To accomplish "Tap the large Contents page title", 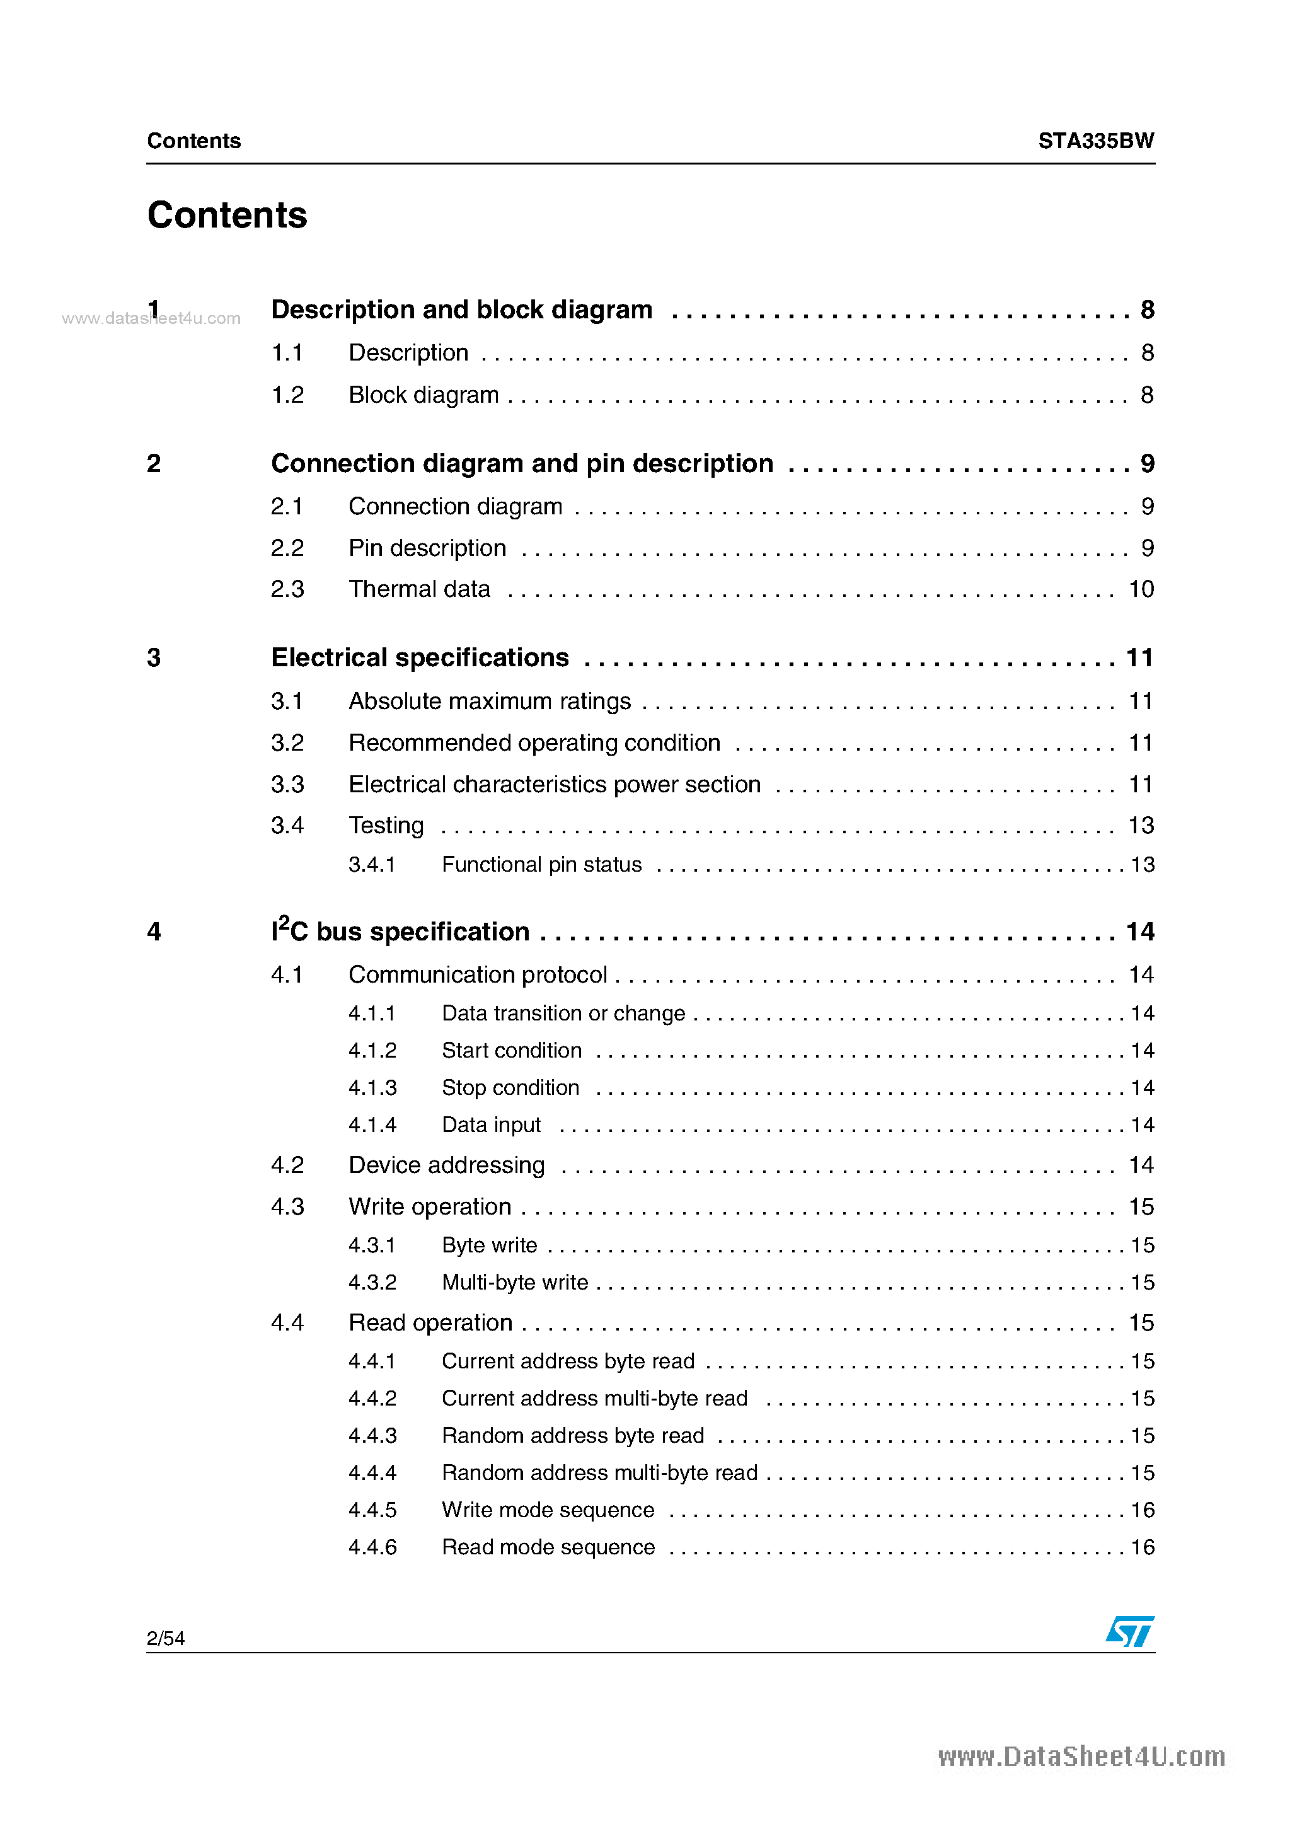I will point(227,215).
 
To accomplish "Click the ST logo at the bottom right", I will point(1129,1631).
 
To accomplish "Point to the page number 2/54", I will point(165,1638).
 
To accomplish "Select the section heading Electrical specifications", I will point(420,657).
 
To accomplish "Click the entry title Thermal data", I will point(419,589).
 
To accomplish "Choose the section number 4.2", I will point(287,1165).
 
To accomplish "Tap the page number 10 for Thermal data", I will point(1141,589).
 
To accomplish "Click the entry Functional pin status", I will point(542,865).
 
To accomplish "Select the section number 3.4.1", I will point(372,865).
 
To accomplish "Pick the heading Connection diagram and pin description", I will point(522,464).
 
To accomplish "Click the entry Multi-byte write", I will point(514,1282).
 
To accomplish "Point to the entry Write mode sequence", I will point(548,1510).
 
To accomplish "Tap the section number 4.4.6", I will point(372,1547).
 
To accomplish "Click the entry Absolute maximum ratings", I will point(490,702).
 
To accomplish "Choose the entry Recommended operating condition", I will point(534,743).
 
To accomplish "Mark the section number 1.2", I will point(287,395).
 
